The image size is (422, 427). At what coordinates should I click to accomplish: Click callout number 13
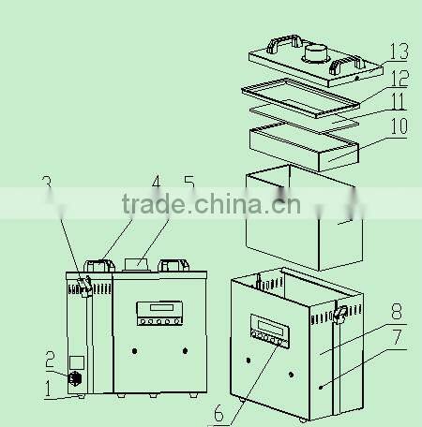click(398, 50)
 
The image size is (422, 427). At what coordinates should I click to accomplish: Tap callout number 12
click(399, 80)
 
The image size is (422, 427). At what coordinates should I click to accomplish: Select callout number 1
click(50, 385)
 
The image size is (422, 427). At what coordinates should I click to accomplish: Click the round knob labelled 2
click(75, 379)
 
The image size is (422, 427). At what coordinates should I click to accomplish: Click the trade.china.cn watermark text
click(211, 203)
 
